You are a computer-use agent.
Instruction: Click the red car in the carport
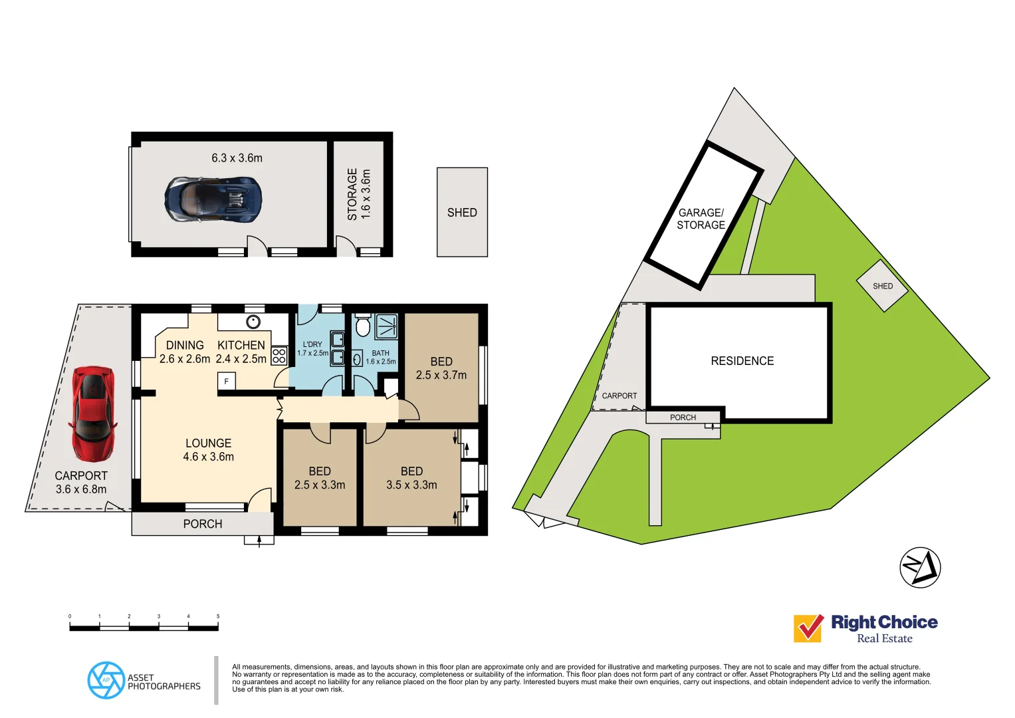[92, 413]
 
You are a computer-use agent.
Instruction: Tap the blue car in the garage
[213, 199]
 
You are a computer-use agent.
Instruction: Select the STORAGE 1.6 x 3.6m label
[358, 194]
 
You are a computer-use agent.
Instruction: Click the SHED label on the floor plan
[462, 213]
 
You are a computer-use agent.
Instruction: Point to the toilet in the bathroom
[362, 326]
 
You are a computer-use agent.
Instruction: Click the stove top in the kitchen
[279, 355]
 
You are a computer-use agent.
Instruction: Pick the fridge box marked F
[226, 381]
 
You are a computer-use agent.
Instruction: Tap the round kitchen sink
[253, 322]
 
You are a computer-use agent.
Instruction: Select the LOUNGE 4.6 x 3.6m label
[208, 450]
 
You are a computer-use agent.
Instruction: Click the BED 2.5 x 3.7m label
[441, 368]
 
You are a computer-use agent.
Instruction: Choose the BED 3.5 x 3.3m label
[411, 478]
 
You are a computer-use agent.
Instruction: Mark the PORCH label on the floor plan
[203, 524]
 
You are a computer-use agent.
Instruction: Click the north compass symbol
[920, 567]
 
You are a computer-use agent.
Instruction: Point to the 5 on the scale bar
[218, 616]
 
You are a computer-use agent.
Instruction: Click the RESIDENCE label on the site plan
[742, 361]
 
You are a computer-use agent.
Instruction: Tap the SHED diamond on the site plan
[882, 286]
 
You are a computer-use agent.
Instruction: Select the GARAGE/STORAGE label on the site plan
[701, 219]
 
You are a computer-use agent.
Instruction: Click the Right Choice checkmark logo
[808, 628]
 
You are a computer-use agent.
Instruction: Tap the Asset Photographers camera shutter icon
[106, 680]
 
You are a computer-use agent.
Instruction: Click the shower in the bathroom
[386, 326]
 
